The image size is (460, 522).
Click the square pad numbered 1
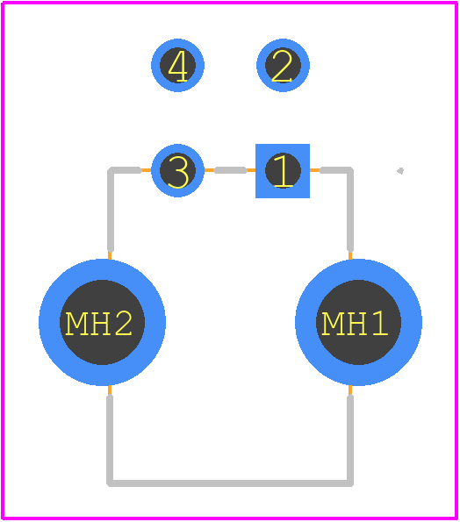(x=283, y=171)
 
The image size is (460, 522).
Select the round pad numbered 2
(x=283, y=65)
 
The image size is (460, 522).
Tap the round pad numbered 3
(x=177, y=171)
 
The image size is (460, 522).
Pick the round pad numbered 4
(x=177, y=65)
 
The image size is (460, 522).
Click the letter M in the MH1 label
(x=332, y=324)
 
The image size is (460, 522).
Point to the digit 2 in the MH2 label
(x=123, y=324)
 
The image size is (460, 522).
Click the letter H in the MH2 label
(x=100, y=324)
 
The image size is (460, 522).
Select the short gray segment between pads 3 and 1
(x=230, y=170)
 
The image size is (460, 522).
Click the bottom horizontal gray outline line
(x=230, y=483)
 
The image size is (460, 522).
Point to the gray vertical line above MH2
(x=111, y=210)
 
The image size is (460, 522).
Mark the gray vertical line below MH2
(x=110, y=440)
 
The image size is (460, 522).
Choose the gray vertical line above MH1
(x=350, y=210)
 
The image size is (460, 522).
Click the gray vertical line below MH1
(x=350, y=440)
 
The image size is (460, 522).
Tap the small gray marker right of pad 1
(x=400, y=171)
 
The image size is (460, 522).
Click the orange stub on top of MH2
(x=110, y=255)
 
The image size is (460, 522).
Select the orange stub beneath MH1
(x=350, y=390)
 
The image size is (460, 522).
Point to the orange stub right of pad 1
(x=314, y=170)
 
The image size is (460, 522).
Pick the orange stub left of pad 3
(x=147, y=170)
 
